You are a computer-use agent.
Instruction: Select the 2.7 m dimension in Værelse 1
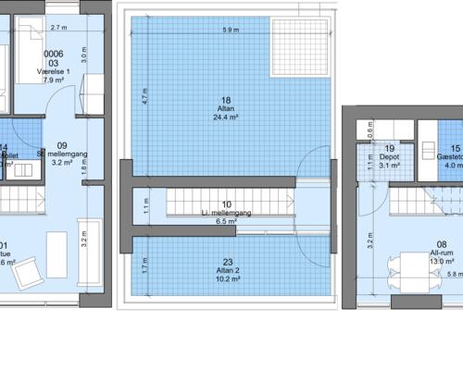click(61, 29)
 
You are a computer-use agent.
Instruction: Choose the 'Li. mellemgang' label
click(227, 213)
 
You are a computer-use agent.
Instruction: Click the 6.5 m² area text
click(227, 222)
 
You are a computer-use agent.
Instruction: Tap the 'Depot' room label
click(389, 157)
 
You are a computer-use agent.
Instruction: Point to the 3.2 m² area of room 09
click(63, 163)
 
